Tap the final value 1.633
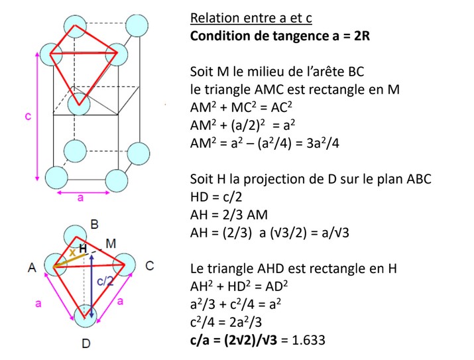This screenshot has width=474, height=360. coord(308,340)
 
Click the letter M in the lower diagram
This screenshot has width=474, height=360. coord(110,244)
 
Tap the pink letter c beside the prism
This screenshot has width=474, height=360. coord(28,115)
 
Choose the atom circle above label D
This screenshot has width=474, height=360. coord(86,316)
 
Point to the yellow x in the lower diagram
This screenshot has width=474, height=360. coord(72,253)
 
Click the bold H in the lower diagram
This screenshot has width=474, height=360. coord(83,247)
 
